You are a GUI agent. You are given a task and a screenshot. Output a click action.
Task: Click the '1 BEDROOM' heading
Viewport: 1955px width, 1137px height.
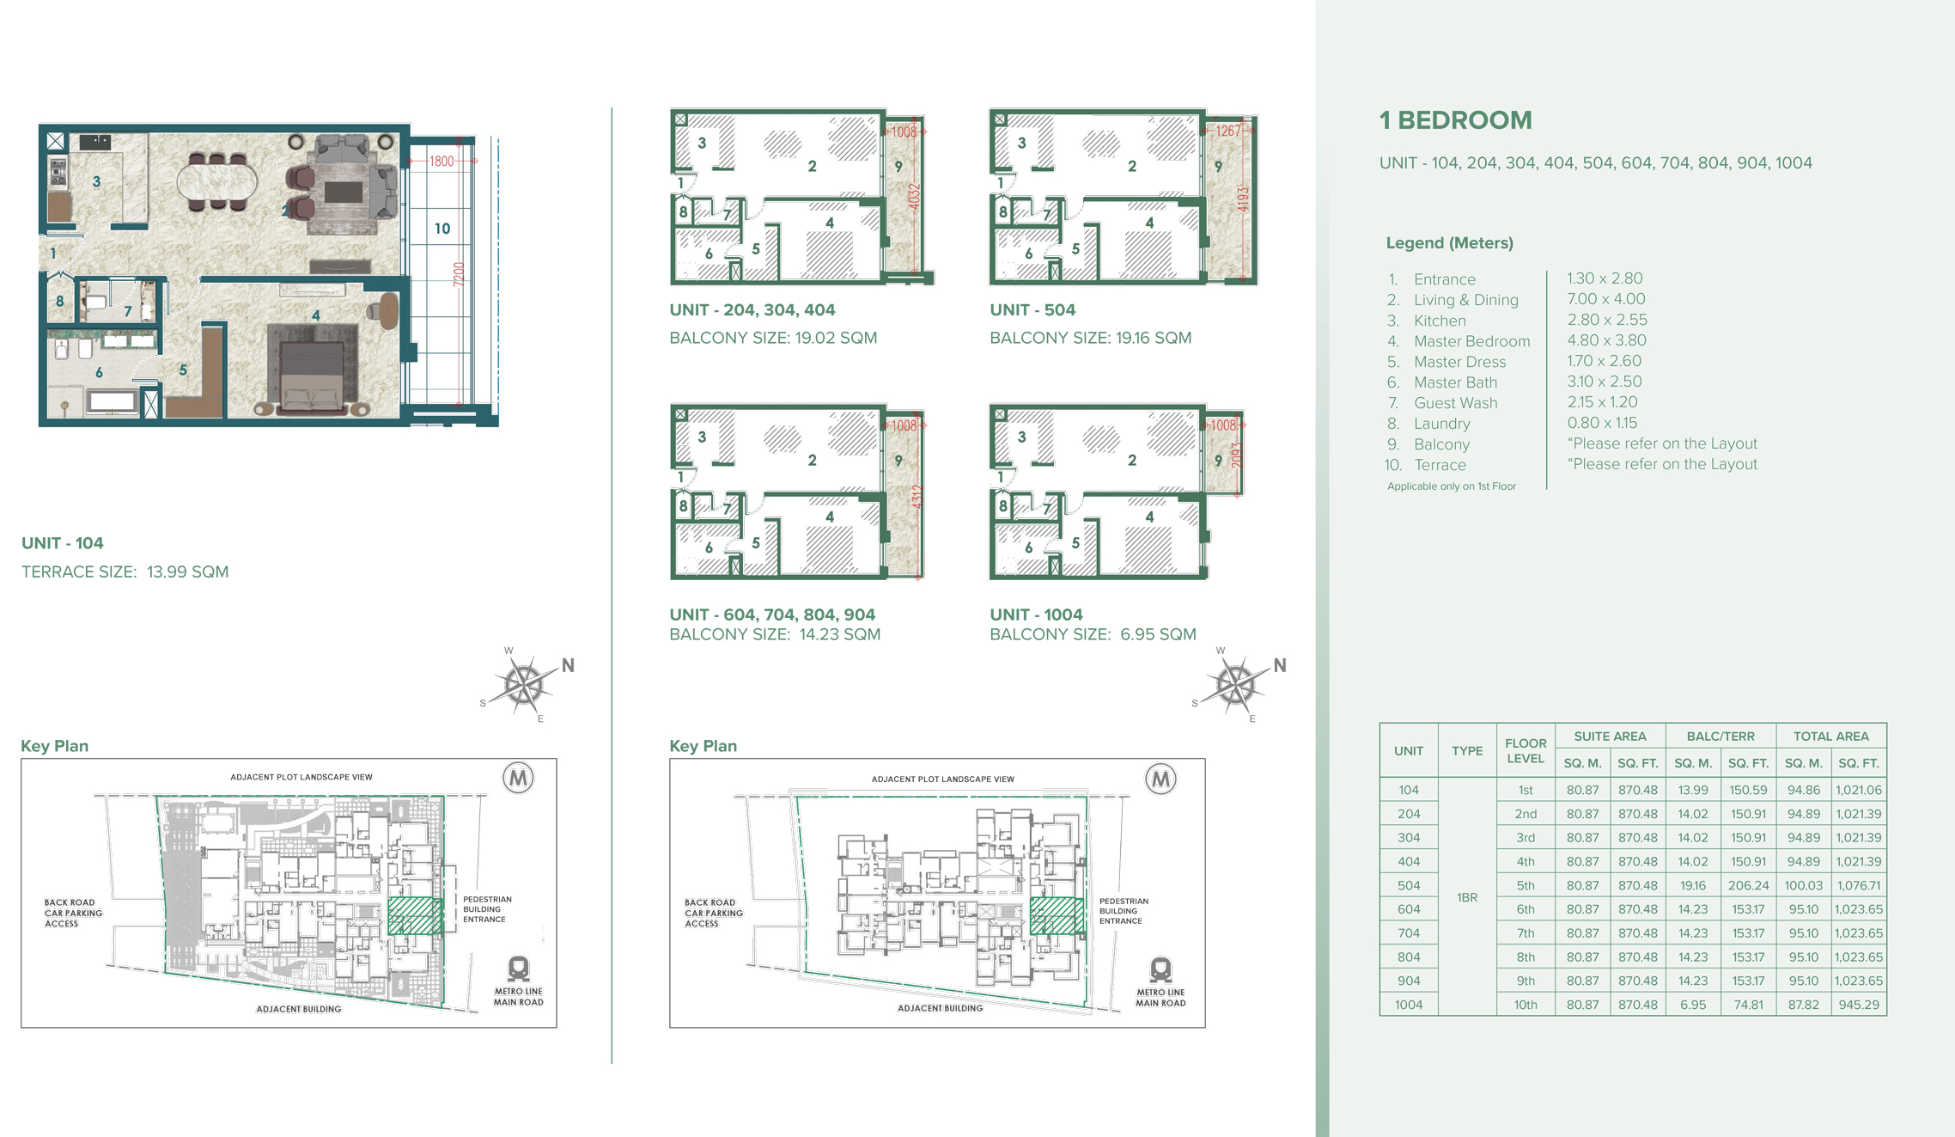(x=1455, y=120)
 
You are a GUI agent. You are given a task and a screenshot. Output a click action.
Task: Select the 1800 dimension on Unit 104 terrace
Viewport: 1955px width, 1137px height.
(x=441, y=161)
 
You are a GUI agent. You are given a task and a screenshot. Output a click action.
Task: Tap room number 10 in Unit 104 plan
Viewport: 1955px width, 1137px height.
(x=442, y=229)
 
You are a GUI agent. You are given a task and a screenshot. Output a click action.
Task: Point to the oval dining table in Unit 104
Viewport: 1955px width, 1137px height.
(x=216, y=181)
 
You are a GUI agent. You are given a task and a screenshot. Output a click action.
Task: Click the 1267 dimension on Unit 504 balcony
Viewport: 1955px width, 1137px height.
(x=1227, y=131)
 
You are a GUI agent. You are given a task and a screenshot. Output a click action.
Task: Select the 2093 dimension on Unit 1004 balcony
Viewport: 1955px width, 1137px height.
(x=1236, y=455)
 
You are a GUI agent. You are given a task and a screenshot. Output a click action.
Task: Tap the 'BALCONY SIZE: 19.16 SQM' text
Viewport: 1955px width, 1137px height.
(x=1090, y=338)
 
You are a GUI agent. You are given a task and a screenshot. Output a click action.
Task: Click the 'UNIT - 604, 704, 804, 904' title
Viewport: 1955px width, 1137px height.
(x=771, y=614)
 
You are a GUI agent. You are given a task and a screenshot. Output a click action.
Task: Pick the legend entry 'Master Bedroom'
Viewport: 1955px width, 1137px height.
(x=1471, y=341)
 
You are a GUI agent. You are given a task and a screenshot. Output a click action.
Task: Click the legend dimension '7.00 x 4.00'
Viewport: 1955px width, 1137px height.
(x=1605, y=299)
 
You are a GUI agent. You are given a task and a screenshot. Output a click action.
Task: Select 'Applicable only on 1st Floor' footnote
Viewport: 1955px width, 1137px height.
(x=1451, y=486)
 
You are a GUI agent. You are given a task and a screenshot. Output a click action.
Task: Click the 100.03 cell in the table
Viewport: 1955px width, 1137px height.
(x=1803, y=885)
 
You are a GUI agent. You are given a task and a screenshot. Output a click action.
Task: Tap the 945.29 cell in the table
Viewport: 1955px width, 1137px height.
(x=1858, y=1005)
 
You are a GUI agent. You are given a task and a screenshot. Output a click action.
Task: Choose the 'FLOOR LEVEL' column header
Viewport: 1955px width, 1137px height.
(x=1525, y=750)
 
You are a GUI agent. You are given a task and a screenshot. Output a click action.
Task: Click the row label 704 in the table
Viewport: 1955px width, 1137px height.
(x=1408, y=933)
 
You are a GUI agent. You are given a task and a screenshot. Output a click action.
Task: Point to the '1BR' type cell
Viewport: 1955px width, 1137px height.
(x=1466, y=897)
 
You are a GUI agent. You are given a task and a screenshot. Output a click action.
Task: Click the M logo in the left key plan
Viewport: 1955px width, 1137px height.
(x=518, y=779)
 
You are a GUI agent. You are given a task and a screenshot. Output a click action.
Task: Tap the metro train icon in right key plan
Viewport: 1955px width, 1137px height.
(x=1160, y=969)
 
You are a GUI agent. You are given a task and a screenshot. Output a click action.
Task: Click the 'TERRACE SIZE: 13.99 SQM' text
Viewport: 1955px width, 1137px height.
(x=125, y=572)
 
